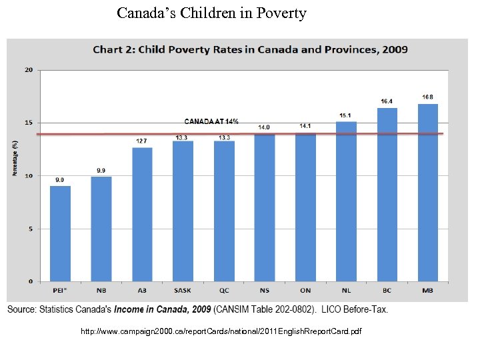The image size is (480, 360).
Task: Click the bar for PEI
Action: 60,233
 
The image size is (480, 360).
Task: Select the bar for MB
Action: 428,193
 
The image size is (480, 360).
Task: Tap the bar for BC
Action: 387,195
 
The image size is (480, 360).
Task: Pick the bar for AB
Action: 142,214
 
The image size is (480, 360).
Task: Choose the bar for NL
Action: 346,201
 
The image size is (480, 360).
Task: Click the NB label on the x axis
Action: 101,290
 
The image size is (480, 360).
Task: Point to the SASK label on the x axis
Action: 183,290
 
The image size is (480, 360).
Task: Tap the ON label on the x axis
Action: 305,290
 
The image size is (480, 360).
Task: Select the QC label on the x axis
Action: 223,290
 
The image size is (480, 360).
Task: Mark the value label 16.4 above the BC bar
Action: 387,101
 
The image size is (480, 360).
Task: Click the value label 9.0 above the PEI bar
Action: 60,179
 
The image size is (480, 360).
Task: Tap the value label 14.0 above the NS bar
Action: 264,127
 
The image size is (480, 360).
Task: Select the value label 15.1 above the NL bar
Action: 346,115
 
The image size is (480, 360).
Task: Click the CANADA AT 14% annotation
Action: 211,121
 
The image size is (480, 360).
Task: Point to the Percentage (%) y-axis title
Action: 15,157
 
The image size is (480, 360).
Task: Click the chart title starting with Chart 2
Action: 250,49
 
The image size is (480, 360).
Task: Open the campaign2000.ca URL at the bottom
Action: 221,331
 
